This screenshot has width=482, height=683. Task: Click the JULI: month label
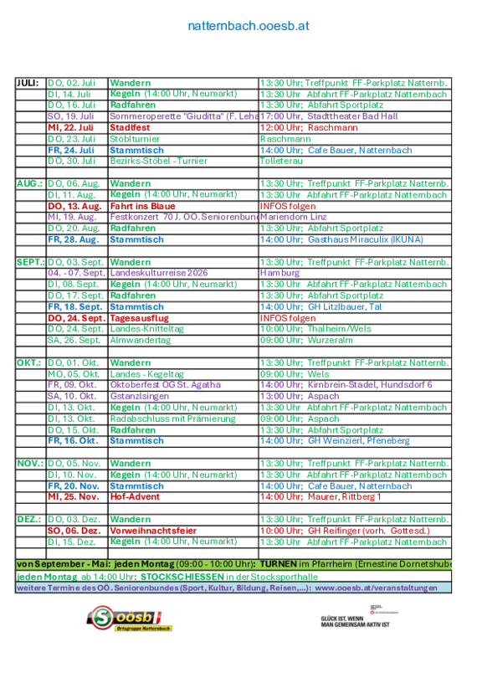click(28, 83)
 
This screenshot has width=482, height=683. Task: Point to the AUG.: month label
click(29, 183)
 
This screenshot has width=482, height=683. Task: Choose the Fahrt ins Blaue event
click(142, 206)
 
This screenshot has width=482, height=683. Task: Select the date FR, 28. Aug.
click(74, 239)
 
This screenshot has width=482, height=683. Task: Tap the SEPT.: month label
click(30, 262)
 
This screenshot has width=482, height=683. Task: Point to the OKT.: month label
click(29, 362)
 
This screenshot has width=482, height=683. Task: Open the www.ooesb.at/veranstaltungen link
click(377, 588)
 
